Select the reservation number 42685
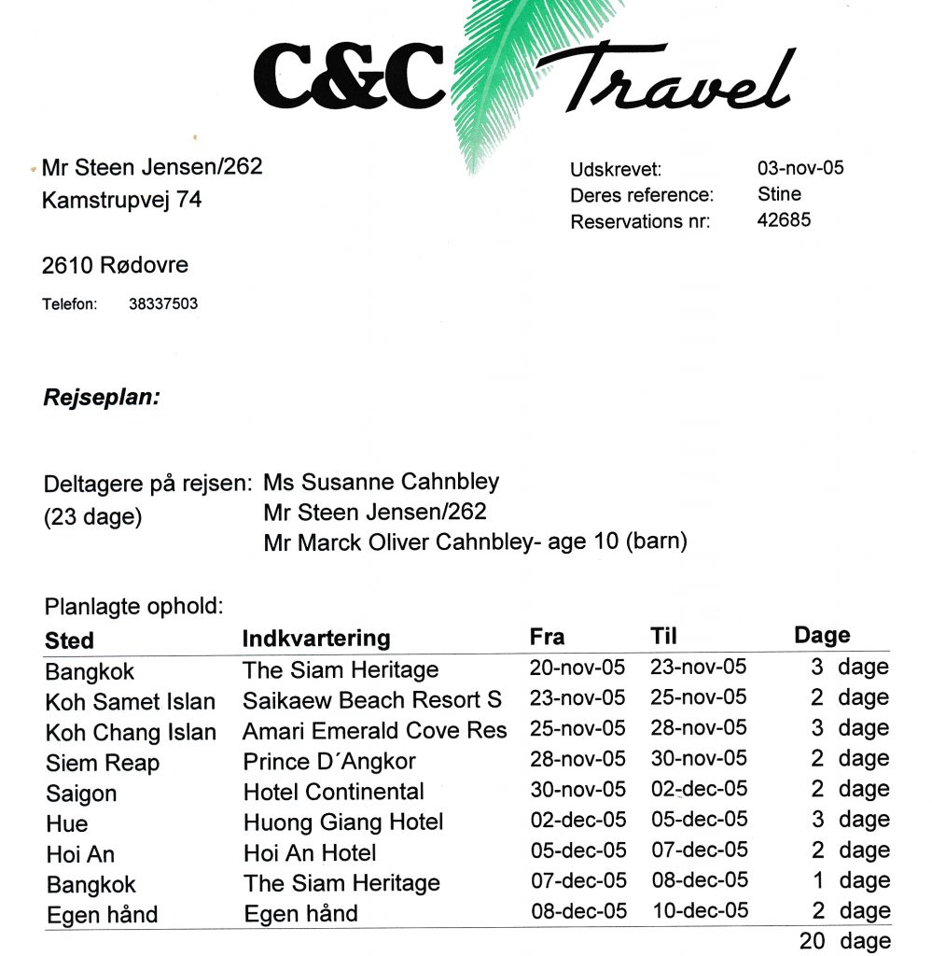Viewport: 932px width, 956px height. click(785, 220)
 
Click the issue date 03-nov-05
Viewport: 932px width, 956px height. click(800, 168)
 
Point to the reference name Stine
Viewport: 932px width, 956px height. click(780, 194)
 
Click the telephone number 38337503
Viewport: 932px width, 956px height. click(163, 303)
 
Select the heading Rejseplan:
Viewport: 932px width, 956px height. click(102, 398)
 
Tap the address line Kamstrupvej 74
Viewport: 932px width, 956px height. click(122, 200)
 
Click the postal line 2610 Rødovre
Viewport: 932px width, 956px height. click(116, 265)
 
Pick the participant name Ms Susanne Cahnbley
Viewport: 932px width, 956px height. click(382, 482)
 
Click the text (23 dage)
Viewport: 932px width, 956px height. click(93, 516)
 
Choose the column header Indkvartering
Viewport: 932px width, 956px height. click(316, 639)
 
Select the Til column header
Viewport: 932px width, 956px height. click(663, 637)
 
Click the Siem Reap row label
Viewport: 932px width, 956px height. click(103, 763)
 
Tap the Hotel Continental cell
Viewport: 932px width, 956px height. click(334, 792)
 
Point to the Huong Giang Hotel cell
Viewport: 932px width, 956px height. click(343, 822)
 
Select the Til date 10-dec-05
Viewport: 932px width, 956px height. click(700, 910)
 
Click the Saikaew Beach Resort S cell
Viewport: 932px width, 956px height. click(372, 700)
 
